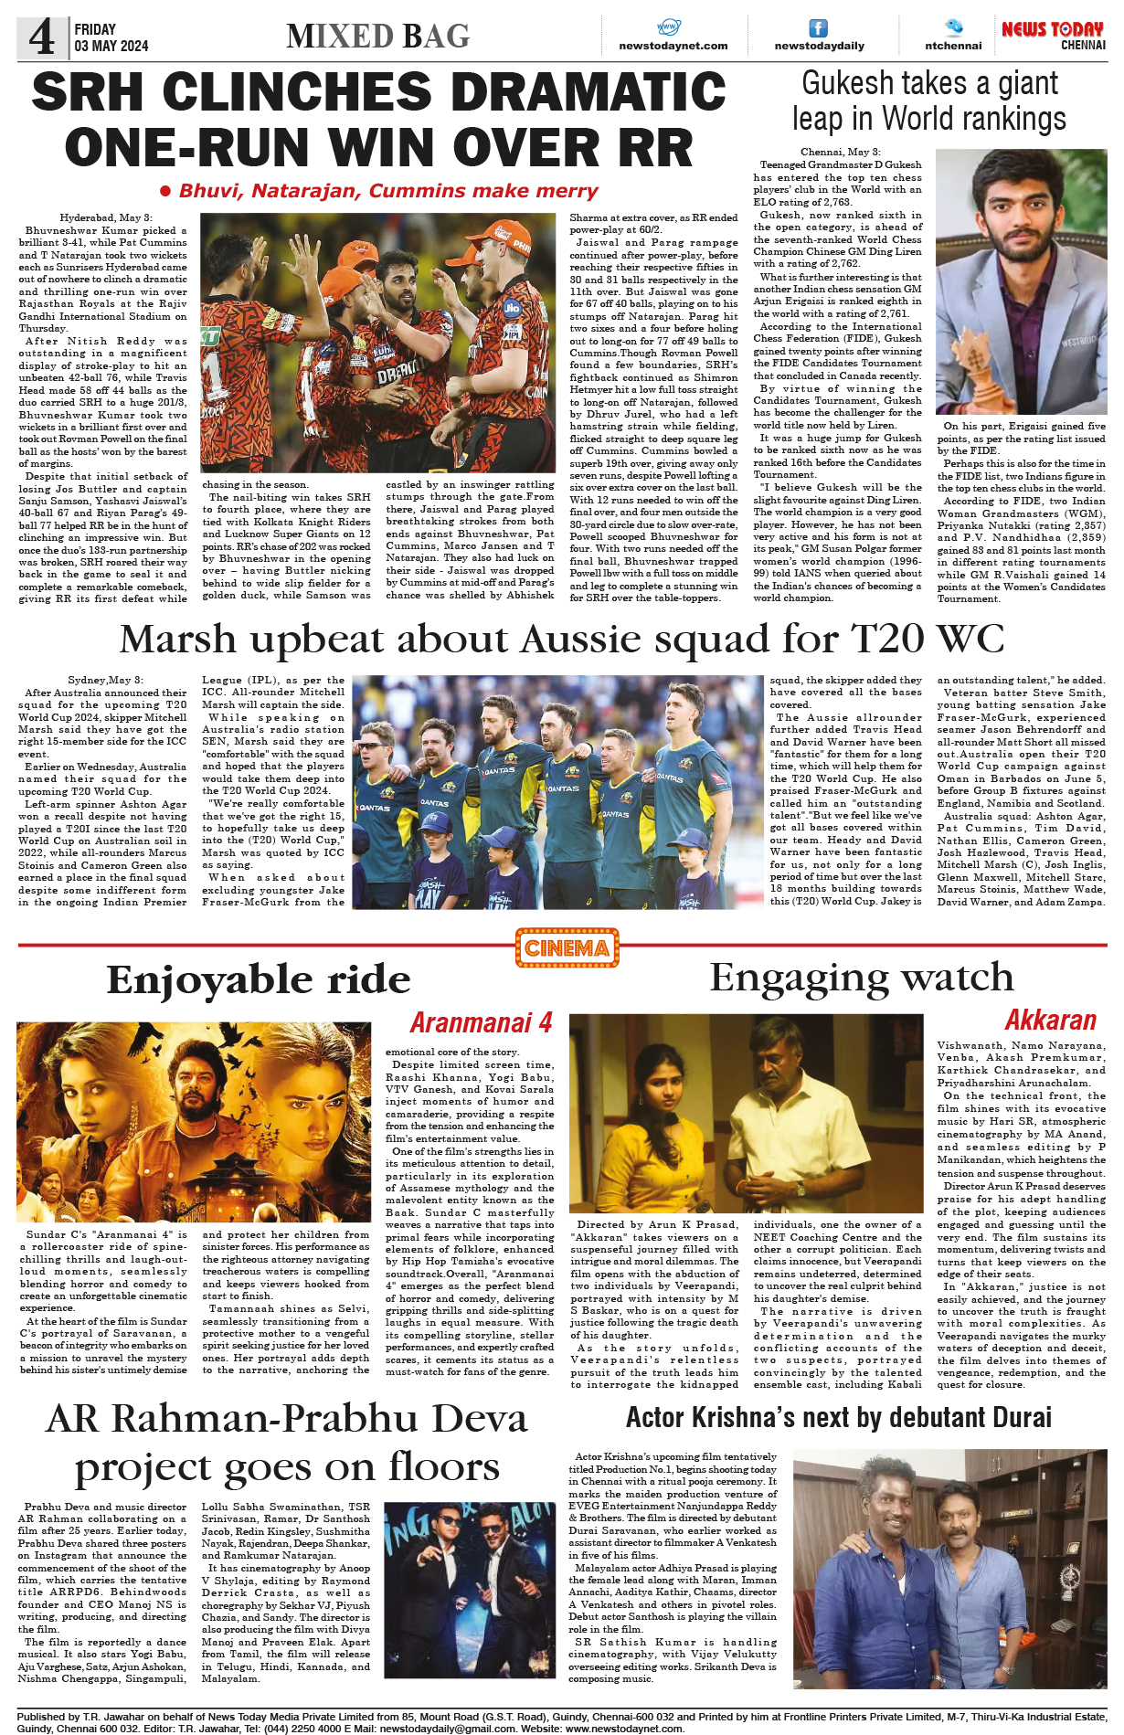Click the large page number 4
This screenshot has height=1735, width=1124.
(x=42, y=37)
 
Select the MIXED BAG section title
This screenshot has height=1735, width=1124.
(x=377, y=37)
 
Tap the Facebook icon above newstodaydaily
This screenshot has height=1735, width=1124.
(x=819, y=28)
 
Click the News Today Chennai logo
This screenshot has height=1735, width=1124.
(x=1053, y=35)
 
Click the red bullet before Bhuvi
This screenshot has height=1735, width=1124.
(x=165, y=191)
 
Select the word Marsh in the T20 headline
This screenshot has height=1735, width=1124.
(x=179, y=639)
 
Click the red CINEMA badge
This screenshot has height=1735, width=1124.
(x=567, y=947)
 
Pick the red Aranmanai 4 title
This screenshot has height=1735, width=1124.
(x=481, y=1021)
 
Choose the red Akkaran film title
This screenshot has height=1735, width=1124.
(x=1050, y=1020)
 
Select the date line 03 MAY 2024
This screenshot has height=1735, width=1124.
(x=111, y=46)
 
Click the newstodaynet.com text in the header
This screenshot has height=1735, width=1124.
(x=673, y=46)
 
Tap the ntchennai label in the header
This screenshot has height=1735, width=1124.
(x=953, y=46)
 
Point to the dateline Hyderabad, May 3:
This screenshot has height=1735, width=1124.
(x=101, y=217)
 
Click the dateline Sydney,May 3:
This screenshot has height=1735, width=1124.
(x=105, y=681)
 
